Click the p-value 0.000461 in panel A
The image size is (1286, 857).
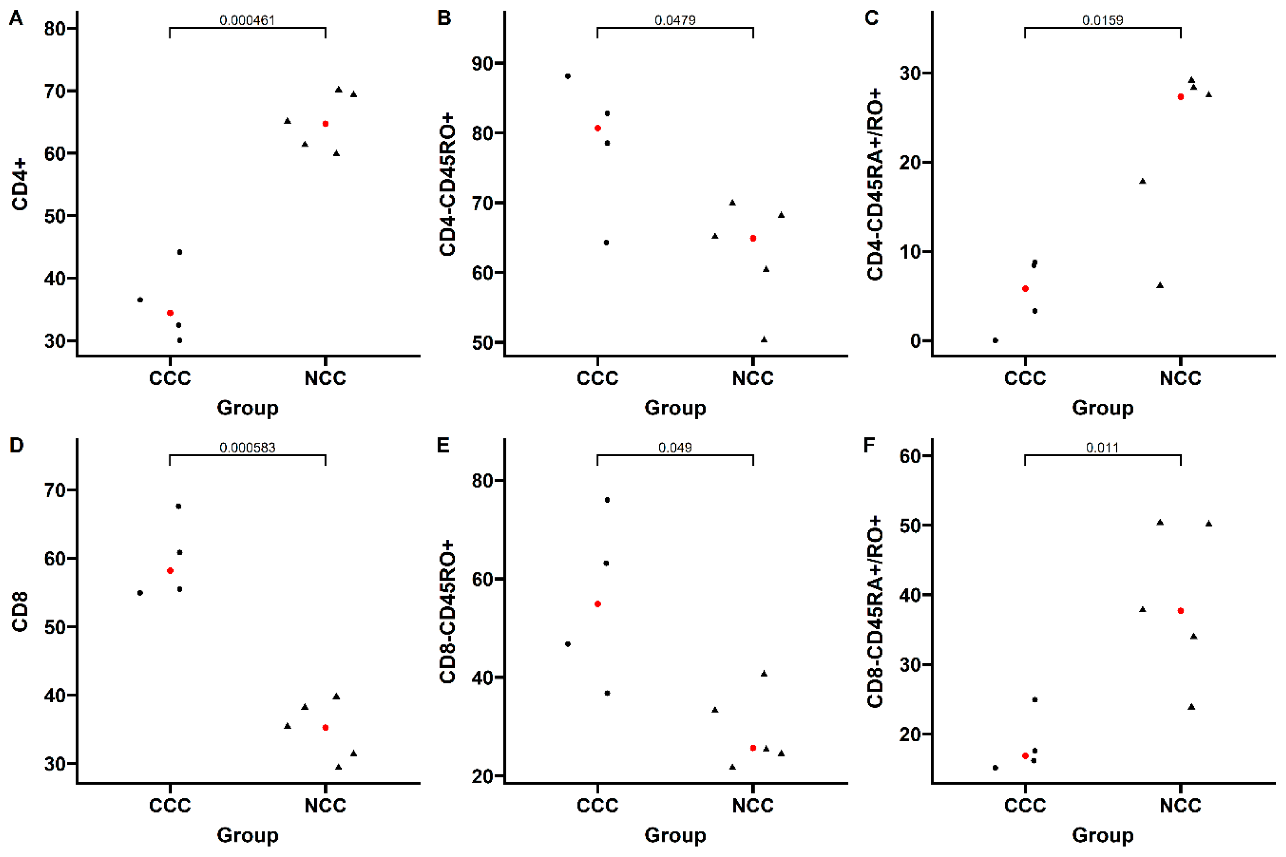[247, 20]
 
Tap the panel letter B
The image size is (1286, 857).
[444, 18]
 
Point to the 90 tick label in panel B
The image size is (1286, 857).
[483, 63]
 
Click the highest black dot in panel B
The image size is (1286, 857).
[568, 76]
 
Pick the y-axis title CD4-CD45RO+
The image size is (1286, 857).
[447, 184]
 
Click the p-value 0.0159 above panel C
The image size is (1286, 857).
[1103, 20]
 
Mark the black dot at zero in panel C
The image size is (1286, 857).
[995, 341]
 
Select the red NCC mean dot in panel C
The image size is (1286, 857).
[1180, 97]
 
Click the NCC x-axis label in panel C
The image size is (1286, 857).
[1180, 378]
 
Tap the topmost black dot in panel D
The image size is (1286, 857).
[179, 506]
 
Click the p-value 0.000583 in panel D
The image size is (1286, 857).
[247, 448]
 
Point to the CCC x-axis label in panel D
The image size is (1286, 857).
[170, 805]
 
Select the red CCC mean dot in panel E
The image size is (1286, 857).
[598, 604]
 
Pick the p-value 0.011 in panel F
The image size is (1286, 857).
[1103, 448]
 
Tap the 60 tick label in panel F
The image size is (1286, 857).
[910, 456]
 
